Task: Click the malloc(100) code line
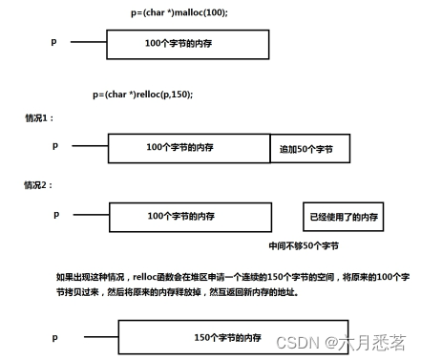click(x=179, y=13)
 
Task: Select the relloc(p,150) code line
click(x=143, y=95)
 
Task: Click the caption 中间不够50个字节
click(x=304, y=246)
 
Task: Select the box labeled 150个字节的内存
click(x=227, y=338)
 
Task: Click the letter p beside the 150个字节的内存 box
click(x=56, y=337)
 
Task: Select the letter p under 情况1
click(x=55, y=145)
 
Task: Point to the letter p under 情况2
click(x=56, y=214)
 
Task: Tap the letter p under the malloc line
click(x=54, y=41)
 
